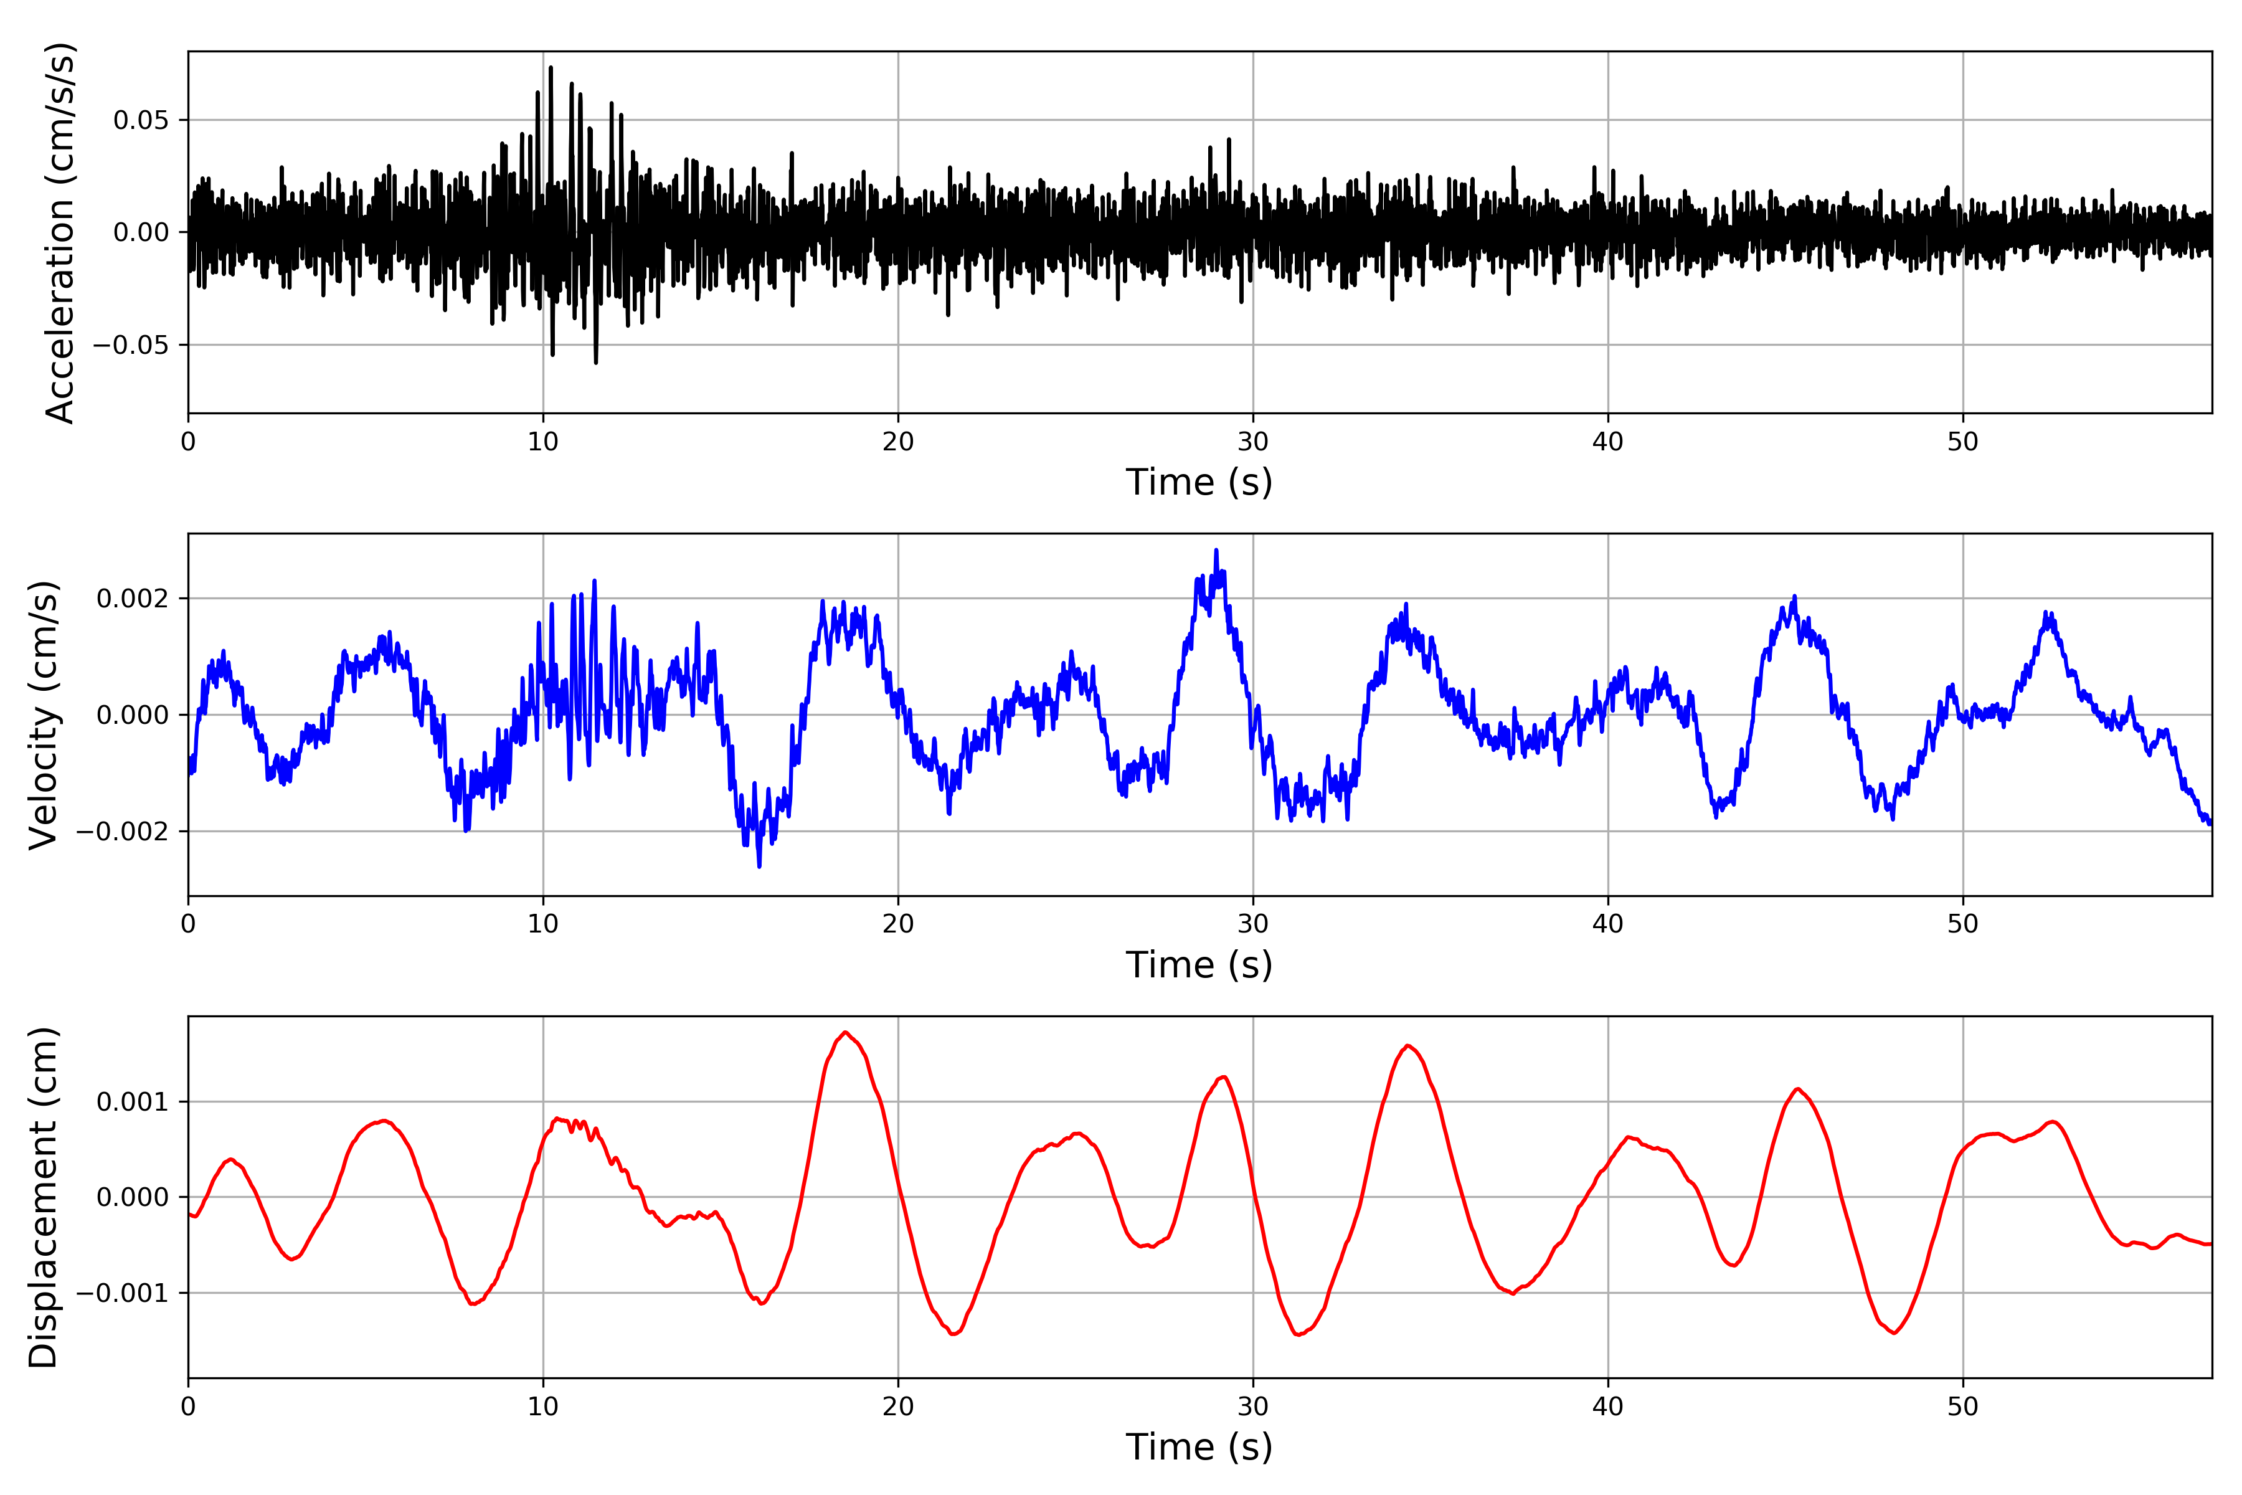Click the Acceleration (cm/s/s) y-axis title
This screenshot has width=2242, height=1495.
(59, 232)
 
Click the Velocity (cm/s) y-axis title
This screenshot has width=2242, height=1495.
(44, 714)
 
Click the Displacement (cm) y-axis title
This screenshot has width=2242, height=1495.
(44, 1197)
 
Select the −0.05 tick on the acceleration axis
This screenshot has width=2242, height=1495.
(131, 345)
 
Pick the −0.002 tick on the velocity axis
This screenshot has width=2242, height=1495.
(122, 832)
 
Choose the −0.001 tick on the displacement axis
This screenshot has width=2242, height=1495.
(122, 1294)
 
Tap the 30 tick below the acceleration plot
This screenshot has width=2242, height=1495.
(1252, 442)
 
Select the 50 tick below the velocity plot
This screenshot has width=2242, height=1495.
(1963, 924)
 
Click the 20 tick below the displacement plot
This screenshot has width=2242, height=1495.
(898, 1407)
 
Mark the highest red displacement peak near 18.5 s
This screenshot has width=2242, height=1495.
(846, 1033)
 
